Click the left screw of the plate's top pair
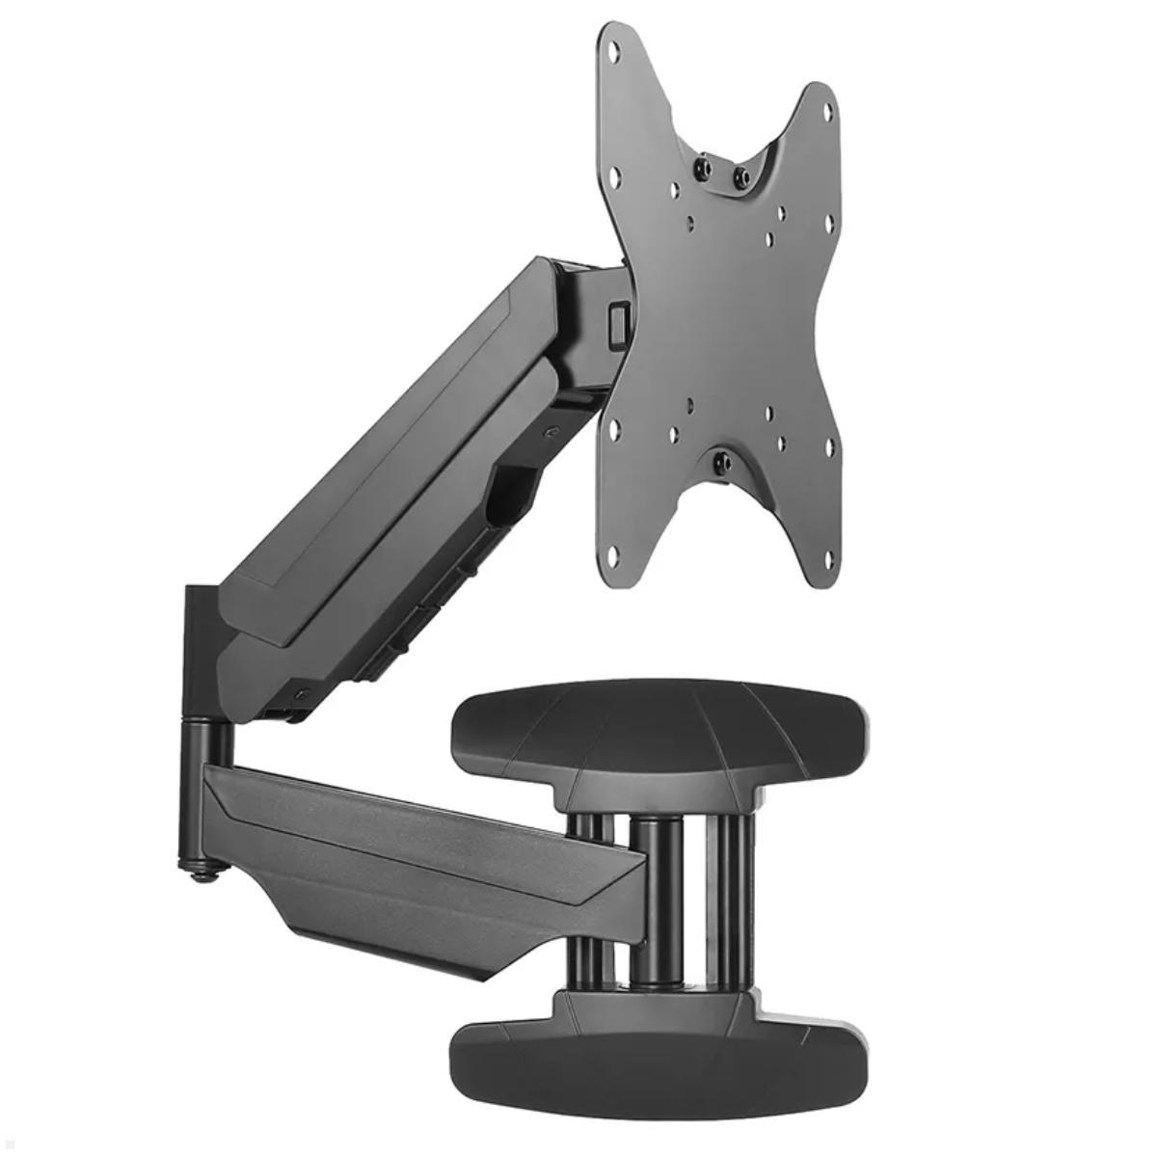702,170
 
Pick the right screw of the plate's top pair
741,177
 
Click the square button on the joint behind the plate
616,317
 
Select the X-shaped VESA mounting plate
723,318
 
